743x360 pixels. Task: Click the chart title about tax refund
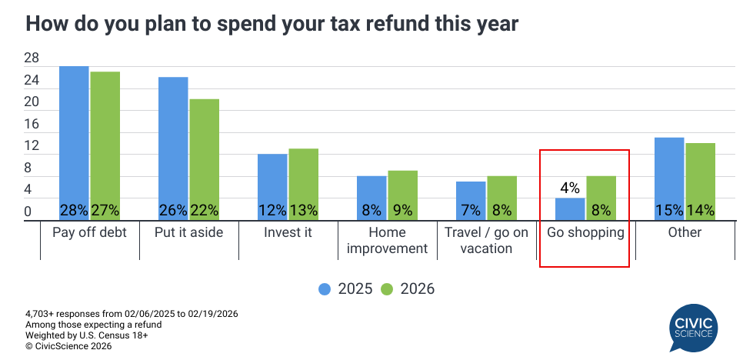coord(272,24)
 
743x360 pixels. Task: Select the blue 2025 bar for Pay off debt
coord(75,138)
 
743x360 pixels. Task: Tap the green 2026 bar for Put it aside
coord(205,154)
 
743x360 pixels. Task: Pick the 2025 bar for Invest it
coord(272,182)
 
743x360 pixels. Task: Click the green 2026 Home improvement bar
coord(402,191)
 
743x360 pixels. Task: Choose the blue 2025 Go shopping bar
coord(571,208)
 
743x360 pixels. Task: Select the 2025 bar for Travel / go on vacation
coord(471,197)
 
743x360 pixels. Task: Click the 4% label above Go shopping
coord(570,187)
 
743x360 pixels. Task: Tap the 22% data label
coord(205,210)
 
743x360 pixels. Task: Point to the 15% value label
coord(669,210)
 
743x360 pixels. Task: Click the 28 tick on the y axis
coord(32,58)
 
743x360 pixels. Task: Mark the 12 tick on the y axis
coord(32,145)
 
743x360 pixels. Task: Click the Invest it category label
coord(288,232)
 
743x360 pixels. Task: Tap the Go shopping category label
coord(585,232)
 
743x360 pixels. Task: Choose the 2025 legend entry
coord(345,289)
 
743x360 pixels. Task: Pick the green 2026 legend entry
coord(408,289)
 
